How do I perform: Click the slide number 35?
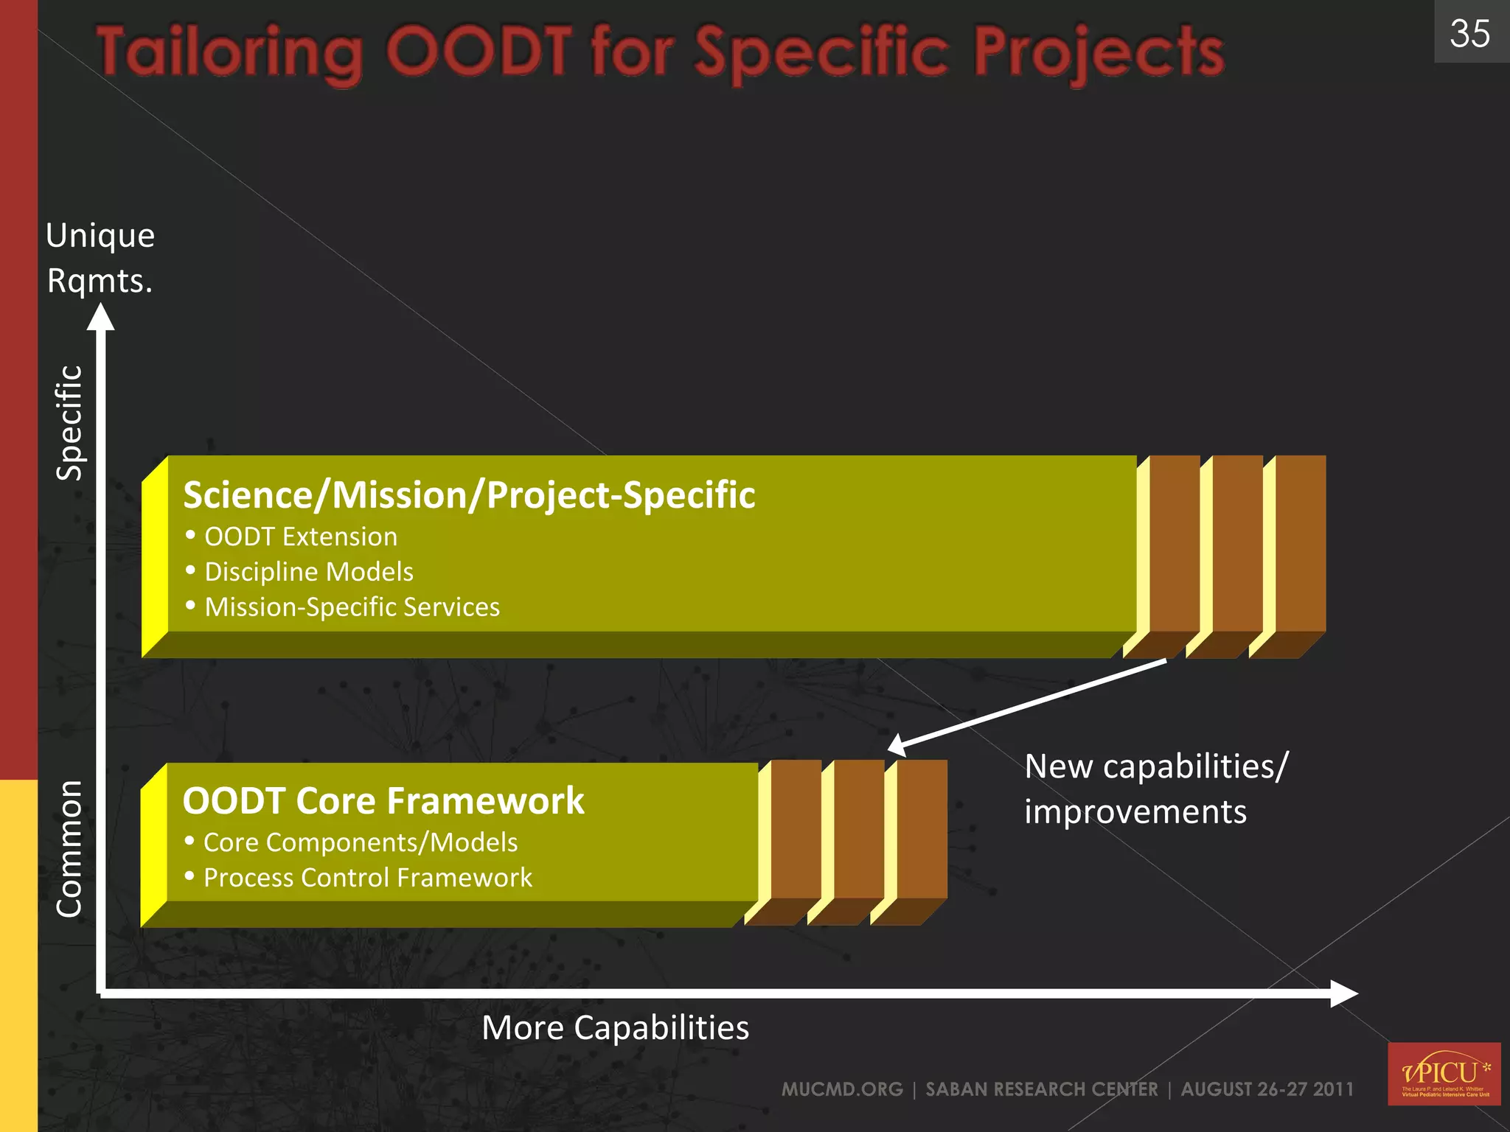point(1469,33)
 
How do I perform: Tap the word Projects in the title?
point(1099,53)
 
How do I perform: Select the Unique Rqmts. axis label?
point(100,258)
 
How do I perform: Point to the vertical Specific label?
point(70,423)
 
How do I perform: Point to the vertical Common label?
point(69,848)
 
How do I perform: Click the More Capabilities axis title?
point(615,1027)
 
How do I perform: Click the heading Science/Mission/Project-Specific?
point(469,495)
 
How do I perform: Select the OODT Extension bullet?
point(300,537)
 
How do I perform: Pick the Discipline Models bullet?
point(308,572)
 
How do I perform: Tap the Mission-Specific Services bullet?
point(352,607)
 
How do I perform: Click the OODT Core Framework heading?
point(383,800)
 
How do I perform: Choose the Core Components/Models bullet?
point(360,842)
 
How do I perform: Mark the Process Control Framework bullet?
point(367,878)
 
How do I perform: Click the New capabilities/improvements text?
point(1155,789)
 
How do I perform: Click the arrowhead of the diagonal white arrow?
point(897,745)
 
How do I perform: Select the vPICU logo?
point(1444,1073)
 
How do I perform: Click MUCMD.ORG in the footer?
point(842,1089)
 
